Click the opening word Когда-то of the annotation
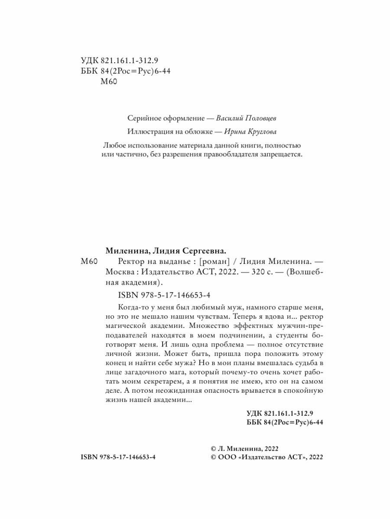(x=133, y=307)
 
